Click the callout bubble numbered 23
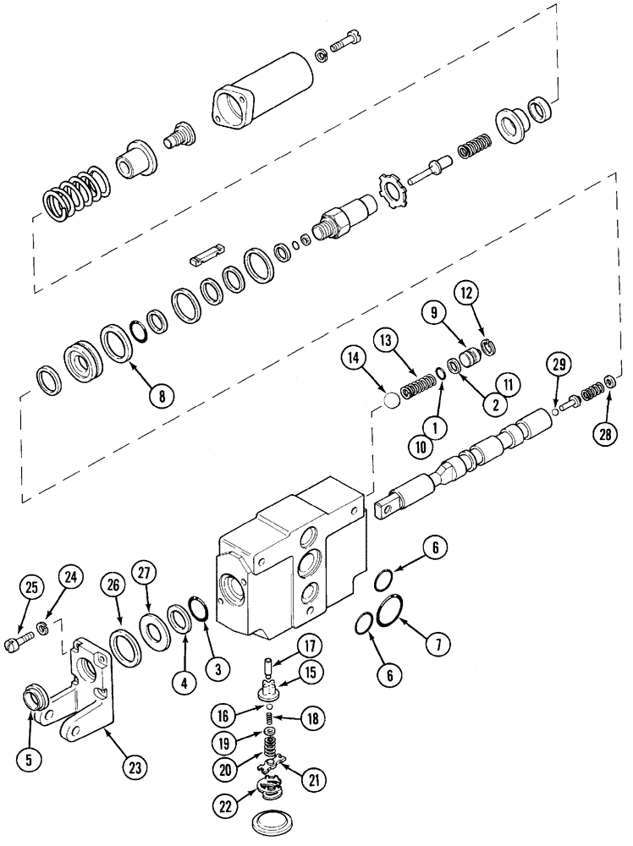134,767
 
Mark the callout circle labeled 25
31,587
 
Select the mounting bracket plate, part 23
85,685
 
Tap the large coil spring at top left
74,197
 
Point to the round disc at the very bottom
278,825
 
